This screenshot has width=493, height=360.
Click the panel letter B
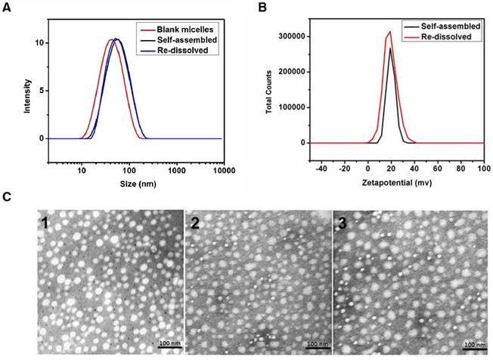tap(262, 8)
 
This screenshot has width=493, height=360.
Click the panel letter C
tap(7, 198)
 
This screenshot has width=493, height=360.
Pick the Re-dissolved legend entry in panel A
tap(179, 49)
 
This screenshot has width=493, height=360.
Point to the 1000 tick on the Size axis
tap(175, 172)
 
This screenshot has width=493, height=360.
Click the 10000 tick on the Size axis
tap(221, 172)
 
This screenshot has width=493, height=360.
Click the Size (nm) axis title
tap(132, 186)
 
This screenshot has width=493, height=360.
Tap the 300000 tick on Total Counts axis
tap(293, 36)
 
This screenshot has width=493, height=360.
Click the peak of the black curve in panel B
tap(391, 49)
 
